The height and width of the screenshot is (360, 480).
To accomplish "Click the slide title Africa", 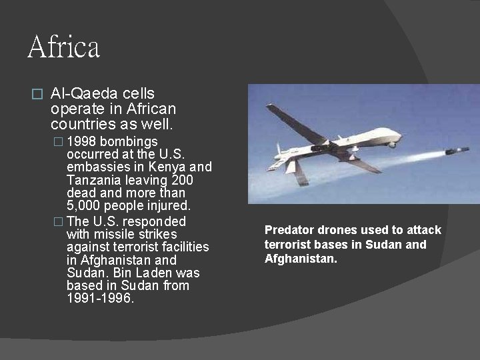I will [64, 47].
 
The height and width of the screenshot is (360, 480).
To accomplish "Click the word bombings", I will [129, 141].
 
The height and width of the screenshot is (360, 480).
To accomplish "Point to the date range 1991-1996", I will [100, 299].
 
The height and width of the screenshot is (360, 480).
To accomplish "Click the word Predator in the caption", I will [289, 230].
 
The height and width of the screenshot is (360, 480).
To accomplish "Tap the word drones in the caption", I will [335, 230].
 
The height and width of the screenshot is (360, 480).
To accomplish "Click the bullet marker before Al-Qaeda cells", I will [37, 95].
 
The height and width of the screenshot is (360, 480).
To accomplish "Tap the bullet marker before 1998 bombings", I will [59, 142].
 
